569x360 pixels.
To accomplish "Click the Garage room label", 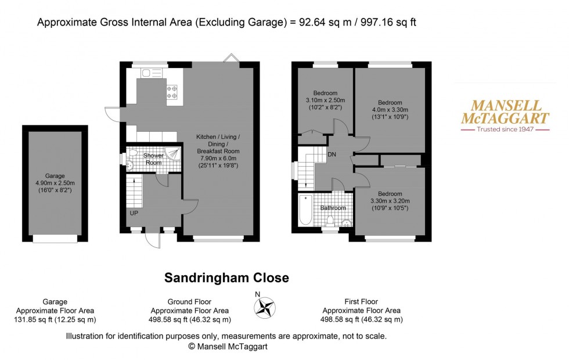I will (56, 175).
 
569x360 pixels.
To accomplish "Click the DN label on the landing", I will (332, 155).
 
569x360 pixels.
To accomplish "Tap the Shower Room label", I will (153, 159).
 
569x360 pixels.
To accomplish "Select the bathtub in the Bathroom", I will (305, 210).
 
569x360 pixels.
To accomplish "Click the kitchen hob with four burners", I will (172, 92).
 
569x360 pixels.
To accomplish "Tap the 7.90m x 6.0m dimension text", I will (217, 158).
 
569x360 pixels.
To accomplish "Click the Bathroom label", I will (334, 208).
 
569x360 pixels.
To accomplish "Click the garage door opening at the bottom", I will (55, 238).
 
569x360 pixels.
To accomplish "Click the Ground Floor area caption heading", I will (189, 302).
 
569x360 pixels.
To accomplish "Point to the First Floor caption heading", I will (361, 302).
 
